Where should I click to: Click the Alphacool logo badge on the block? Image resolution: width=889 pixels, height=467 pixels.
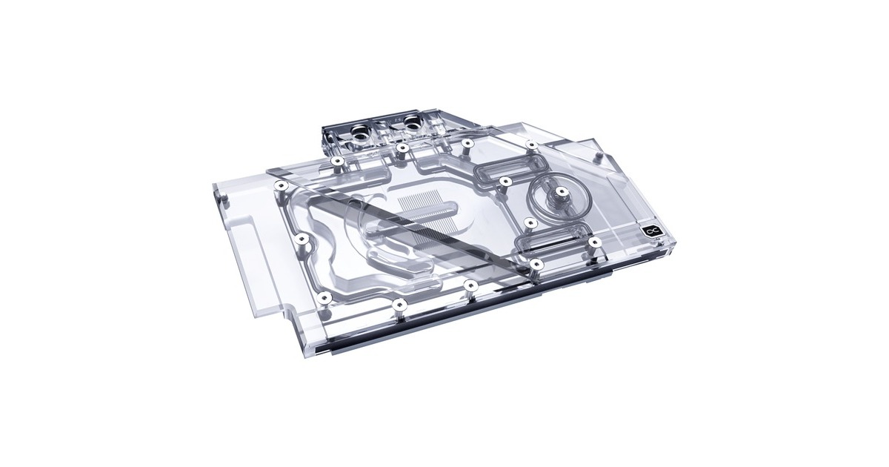coord(650,232)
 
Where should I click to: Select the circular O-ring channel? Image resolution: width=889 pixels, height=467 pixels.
coord(556,197)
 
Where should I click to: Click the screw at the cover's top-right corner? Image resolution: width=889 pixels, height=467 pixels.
coord(532,145)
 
